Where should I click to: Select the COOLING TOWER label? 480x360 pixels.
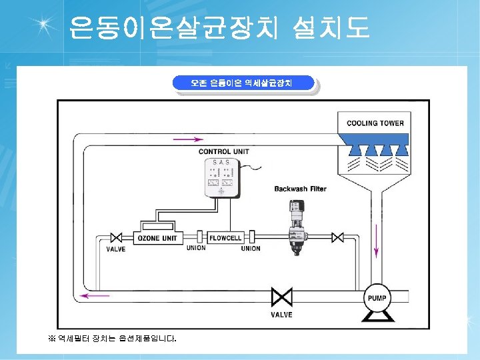375,123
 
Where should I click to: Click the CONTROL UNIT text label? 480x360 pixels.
223,151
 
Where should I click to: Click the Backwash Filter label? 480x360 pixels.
300,189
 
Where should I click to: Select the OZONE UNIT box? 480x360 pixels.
157,238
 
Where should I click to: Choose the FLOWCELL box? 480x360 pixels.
225,238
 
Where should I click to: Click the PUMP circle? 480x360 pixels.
377,298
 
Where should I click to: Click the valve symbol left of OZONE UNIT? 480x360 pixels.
116,238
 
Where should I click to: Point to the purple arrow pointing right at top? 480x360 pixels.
188,139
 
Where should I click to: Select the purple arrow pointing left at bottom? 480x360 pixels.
95,295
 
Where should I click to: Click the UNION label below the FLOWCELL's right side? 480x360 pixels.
251,249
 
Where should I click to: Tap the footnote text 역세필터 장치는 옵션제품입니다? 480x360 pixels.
113,339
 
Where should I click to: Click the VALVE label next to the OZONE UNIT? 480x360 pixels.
116,250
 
